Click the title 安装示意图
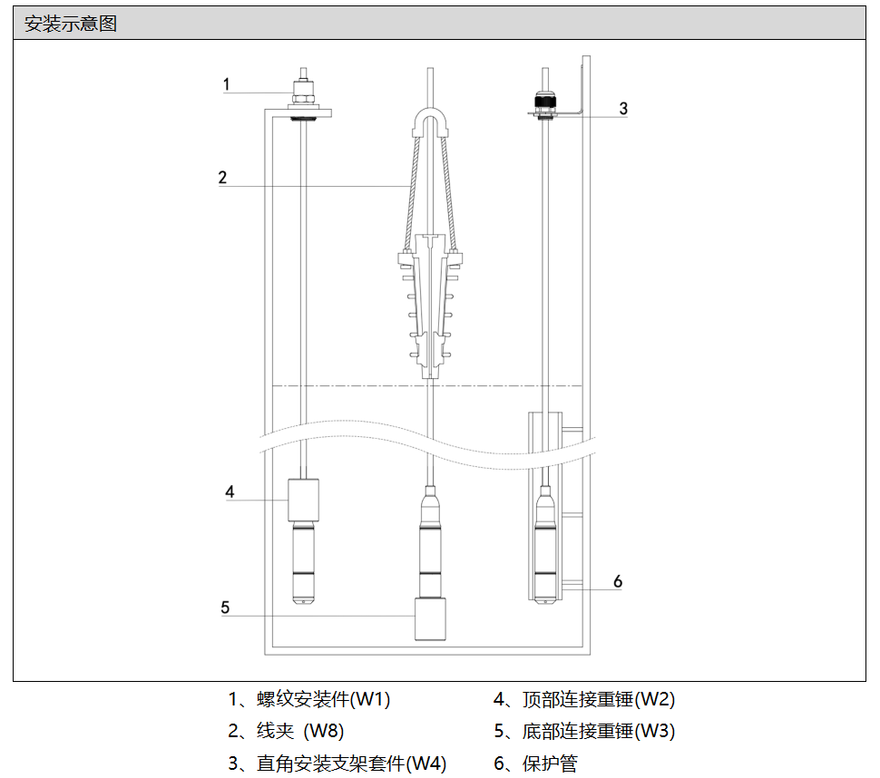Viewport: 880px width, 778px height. tap(71, 24)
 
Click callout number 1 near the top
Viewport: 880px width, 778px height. tap(226, 84)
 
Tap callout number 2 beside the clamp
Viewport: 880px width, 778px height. tap(222, 177)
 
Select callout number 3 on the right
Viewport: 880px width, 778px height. tap(623, 108)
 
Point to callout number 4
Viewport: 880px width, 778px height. tap(230, 491)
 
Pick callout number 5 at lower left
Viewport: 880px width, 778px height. tap(225, 608)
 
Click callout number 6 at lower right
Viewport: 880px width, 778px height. tap(617, 581)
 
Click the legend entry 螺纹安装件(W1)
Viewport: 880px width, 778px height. tap(323, 699)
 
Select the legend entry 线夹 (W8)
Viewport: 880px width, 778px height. tap(300, 731)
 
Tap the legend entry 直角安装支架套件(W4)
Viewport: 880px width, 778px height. tap(351, 763)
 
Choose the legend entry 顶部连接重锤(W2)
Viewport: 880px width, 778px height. tap(598, 699)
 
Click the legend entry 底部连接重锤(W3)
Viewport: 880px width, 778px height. tap(598, 731)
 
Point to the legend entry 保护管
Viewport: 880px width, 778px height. tap(550, 763)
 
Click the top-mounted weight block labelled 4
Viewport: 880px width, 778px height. tap(303, 501)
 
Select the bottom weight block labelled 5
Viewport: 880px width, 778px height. tap(430, 619)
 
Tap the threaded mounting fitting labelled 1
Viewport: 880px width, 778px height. tap(304, 94)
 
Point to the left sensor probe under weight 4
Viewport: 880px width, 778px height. tap(303, 562)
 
